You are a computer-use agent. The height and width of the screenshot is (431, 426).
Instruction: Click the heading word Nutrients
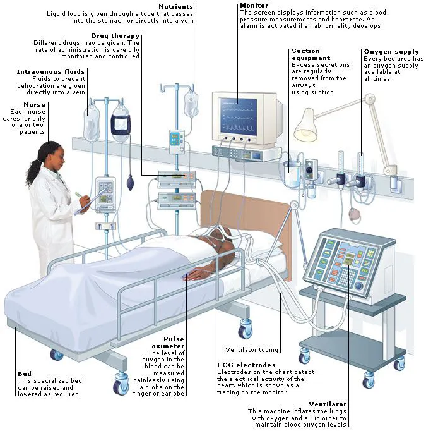[x=176, y=6]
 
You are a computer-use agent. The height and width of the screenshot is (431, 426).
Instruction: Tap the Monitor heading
[x=254, y=6]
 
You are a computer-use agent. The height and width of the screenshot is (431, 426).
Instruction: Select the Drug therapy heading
[x=115, y=36]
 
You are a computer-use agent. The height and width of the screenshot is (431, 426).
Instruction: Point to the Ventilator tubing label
[x=252, y=350]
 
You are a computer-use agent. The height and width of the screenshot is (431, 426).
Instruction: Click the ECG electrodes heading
[x=246, y=365]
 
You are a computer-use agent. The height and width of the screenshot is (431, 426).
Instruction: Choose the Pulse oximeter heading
[x=168, y=343]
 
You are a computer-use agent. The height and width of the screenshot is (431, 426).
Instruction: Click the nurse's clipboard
[x=87, y=204]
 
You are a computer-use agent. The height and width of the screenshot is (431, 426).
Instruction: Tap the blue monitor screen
[x=239, y=116]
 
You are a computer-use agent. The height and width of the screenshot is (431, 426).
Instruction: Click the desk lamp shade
[x=305, y=125]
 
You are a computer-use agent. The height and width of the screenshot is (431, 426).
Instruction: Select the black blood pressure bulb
[x=130, y=182]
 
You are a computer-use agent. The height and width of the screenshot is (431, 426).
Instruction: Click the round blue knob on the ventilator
[x=358, y=286]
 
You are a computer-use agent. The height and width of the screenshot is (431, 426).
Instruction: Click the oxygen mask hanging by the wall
[x=355, y=214]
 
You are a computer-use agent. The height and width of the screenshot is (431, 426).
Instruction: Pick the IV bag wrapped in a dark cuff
[x=120, y=123]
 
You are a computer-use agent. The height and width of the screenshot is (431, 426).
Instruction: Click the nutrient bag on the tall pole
[x=191, y=104]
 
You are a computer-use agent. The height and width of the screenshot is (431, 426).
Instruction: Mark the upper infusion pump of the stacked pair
[x=177, y=179]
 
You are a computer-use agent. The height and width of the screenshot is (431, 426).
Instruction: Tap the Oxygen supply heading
[x=391, y=52]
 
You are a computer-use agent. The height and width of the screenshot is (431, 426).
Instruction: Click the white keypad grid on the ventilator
[x=346, y=277]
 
